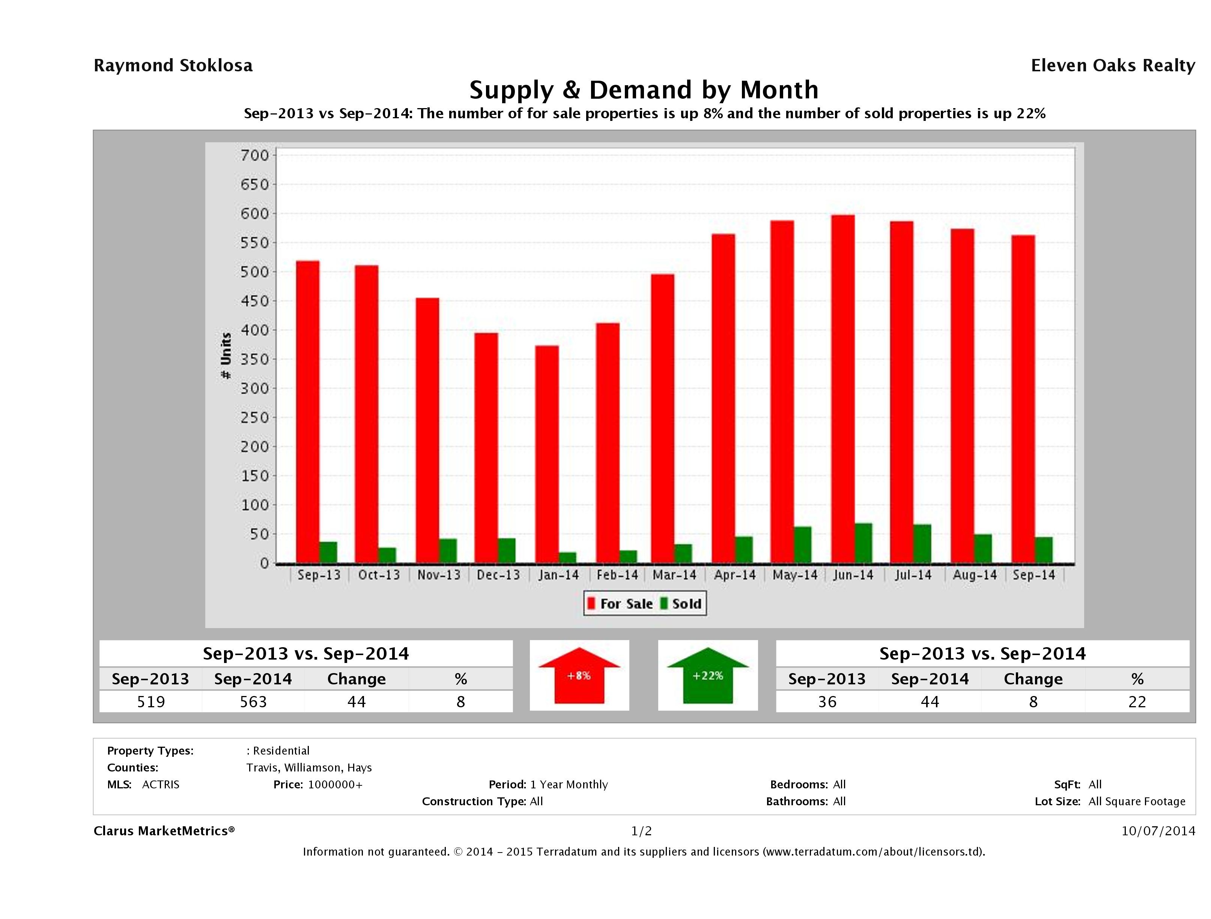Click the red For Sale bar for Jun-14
[842, 389]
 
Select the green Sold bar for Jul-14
[922, 544]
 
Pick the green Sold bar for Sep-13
[328, 552]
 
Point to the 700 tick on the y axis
[255, 155]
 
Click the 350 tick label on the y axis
[255, 359]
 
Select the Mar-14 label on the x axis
[674, 575]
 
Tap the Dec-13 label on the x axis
[498, 575]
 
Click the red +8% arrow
[579, 675]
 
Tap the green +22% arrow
[707, 675]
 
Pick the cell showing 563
[253, 702]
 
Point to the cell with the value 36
[827, 702]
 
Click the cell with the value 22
[1137, 702]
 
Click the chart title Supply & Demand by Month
[644, 90]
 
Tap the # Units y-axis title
[226, 356]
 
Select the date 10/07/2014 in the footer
[1158, 831]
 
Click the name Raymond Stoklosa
[173, 66]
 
